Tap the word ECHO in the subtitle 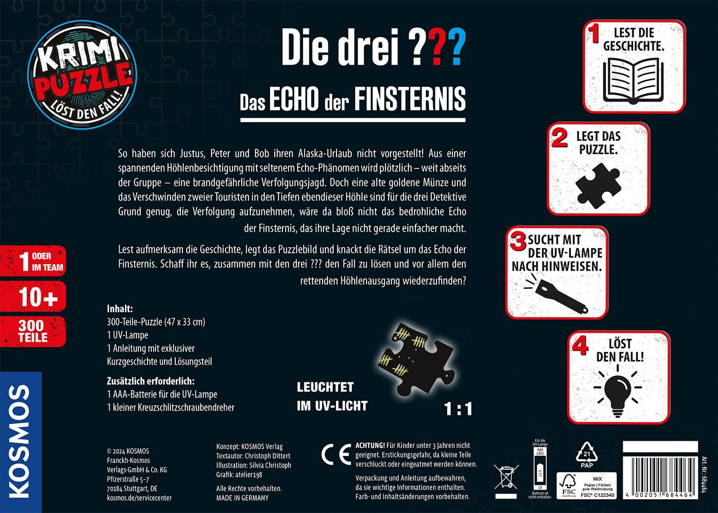[294, 98]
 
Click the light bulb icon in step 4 [618, 390]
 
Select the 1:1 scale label [458, 409]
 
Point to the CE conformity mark [336, 456]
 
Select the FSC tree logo [569, 485]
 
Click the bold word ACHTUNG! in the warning [370, 446]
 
